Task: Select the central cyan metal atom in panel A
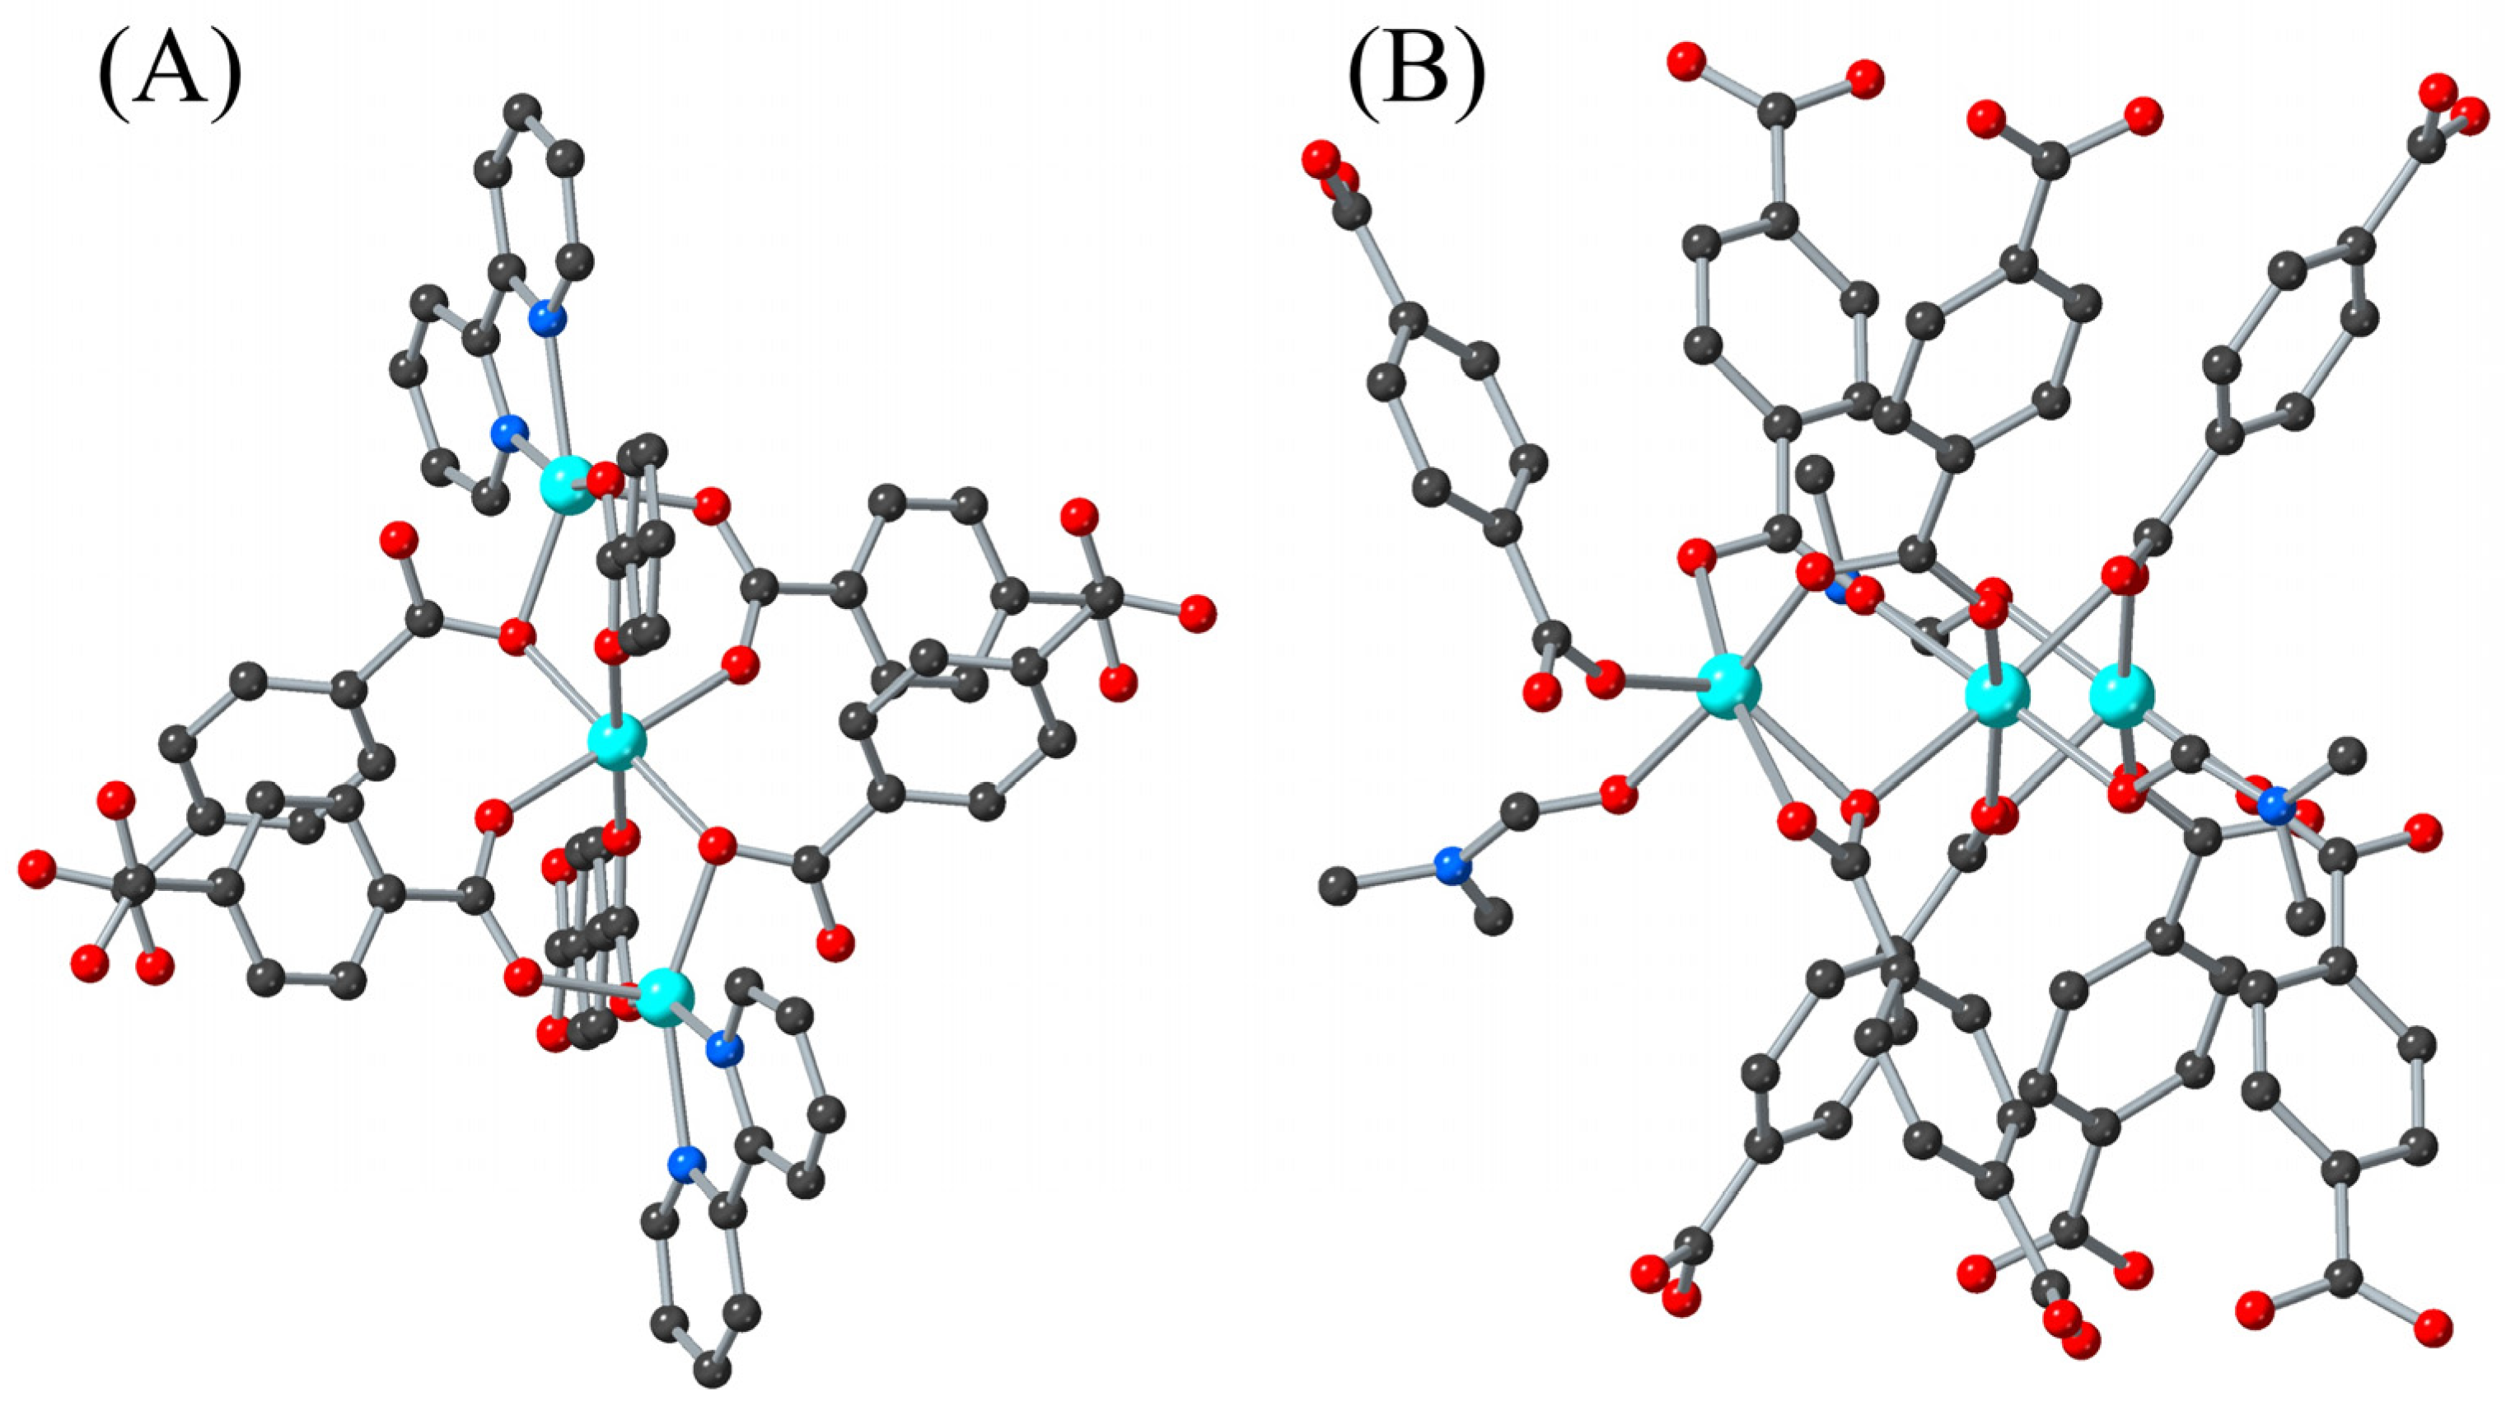coord(617,743)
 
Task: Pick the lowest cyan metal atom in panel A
coord(666,997)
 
